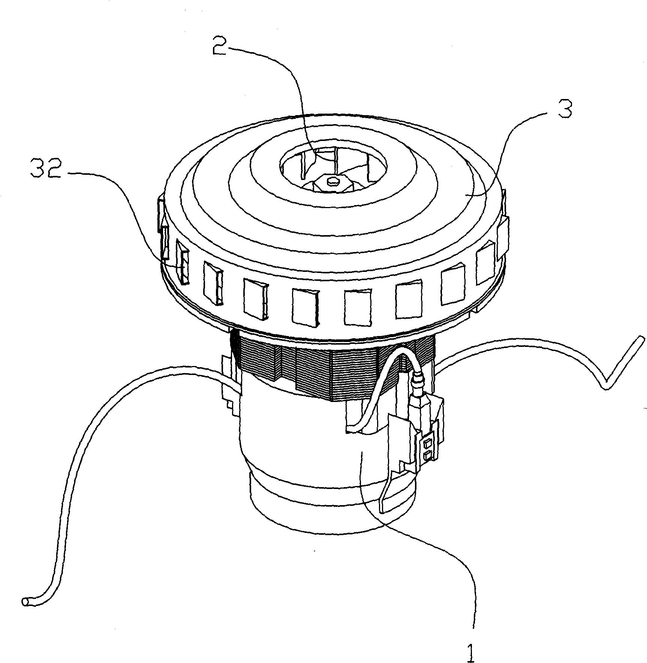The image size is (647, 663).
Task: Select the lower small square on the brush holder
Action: [x=428, y=456]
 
